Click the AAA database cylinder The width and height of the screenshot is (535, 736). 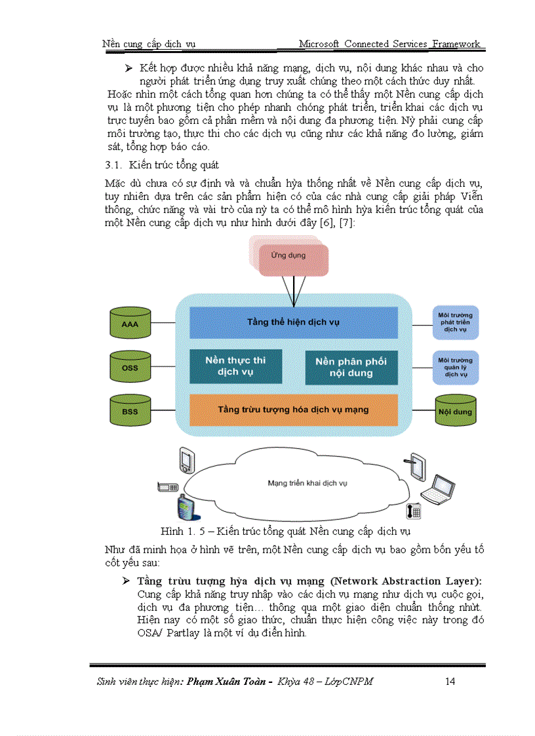coord(130,324)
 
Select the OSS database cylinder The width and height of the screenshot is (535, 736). coord(130,367)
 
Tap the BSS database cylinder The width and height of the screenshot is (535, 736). coord(130,411)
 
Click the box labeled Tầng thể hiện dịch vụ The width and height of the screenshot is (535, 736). coord(293,322)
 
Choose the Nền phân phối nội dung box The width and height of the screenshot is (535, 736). coord(351,367)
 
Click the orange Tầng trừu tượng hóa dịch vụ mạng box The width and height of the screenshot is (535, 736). coord(293,410)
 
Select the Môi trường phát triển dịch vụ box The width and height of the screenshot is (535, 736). coord(455,322)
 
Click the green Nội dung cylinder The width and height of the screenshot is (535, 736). coord(455,412)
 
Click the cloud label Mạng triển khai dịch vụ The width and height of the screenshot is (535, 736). coord(307,483)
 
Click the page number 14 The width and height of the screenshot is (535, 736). coord(450,682)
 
